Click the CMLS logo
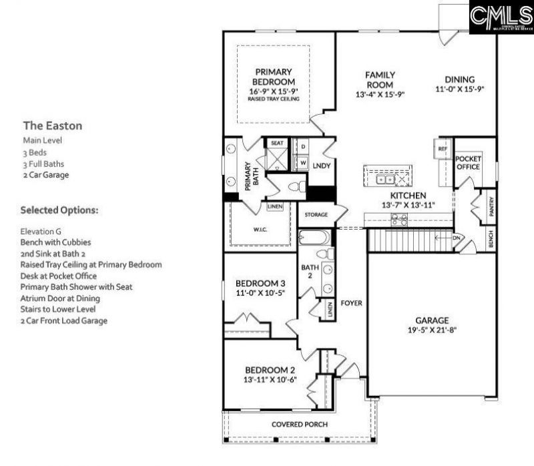pos(500,18)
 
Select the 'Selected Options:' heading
pos(59,210)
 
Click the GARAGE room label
pos(432,320)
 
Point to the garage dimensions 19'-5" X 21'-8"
pos(432,329)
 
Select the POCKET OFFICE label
pos(468,163)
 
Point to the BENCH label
pos(491,240)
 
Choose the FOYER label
pos(351,302)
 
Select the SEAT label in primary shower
pos(276,143)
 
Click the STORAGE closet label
pos(316,215)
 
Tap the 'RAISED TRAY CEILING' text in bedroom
pos(274,99)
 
